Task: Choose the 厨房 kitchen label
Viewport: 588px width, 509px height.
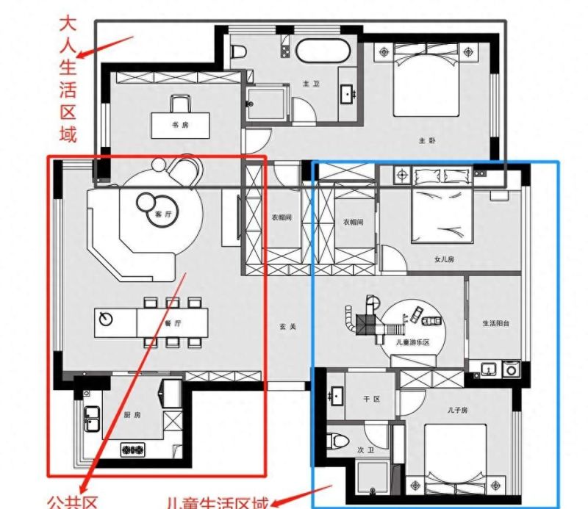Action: click(x=132, y=415)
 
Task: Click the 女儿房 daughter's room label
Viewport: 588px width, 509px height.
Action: click(x=445, y=259)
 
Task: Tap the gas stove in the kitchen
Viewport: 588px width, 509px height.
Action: click(x=133, y=449)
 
